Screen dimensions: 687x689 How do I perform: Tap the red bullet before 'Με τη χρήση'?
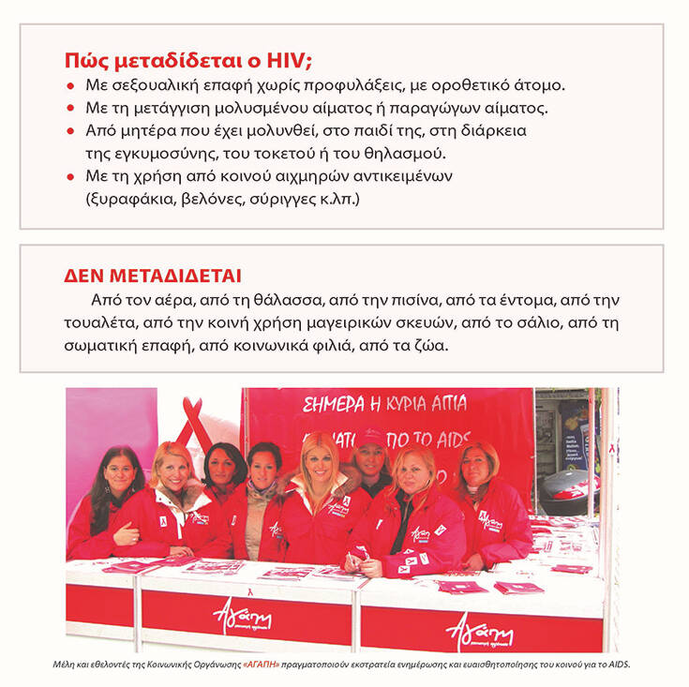coord(70,175)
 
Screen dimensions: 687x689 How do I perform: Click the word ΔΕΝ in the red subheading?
coord(83,276)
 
